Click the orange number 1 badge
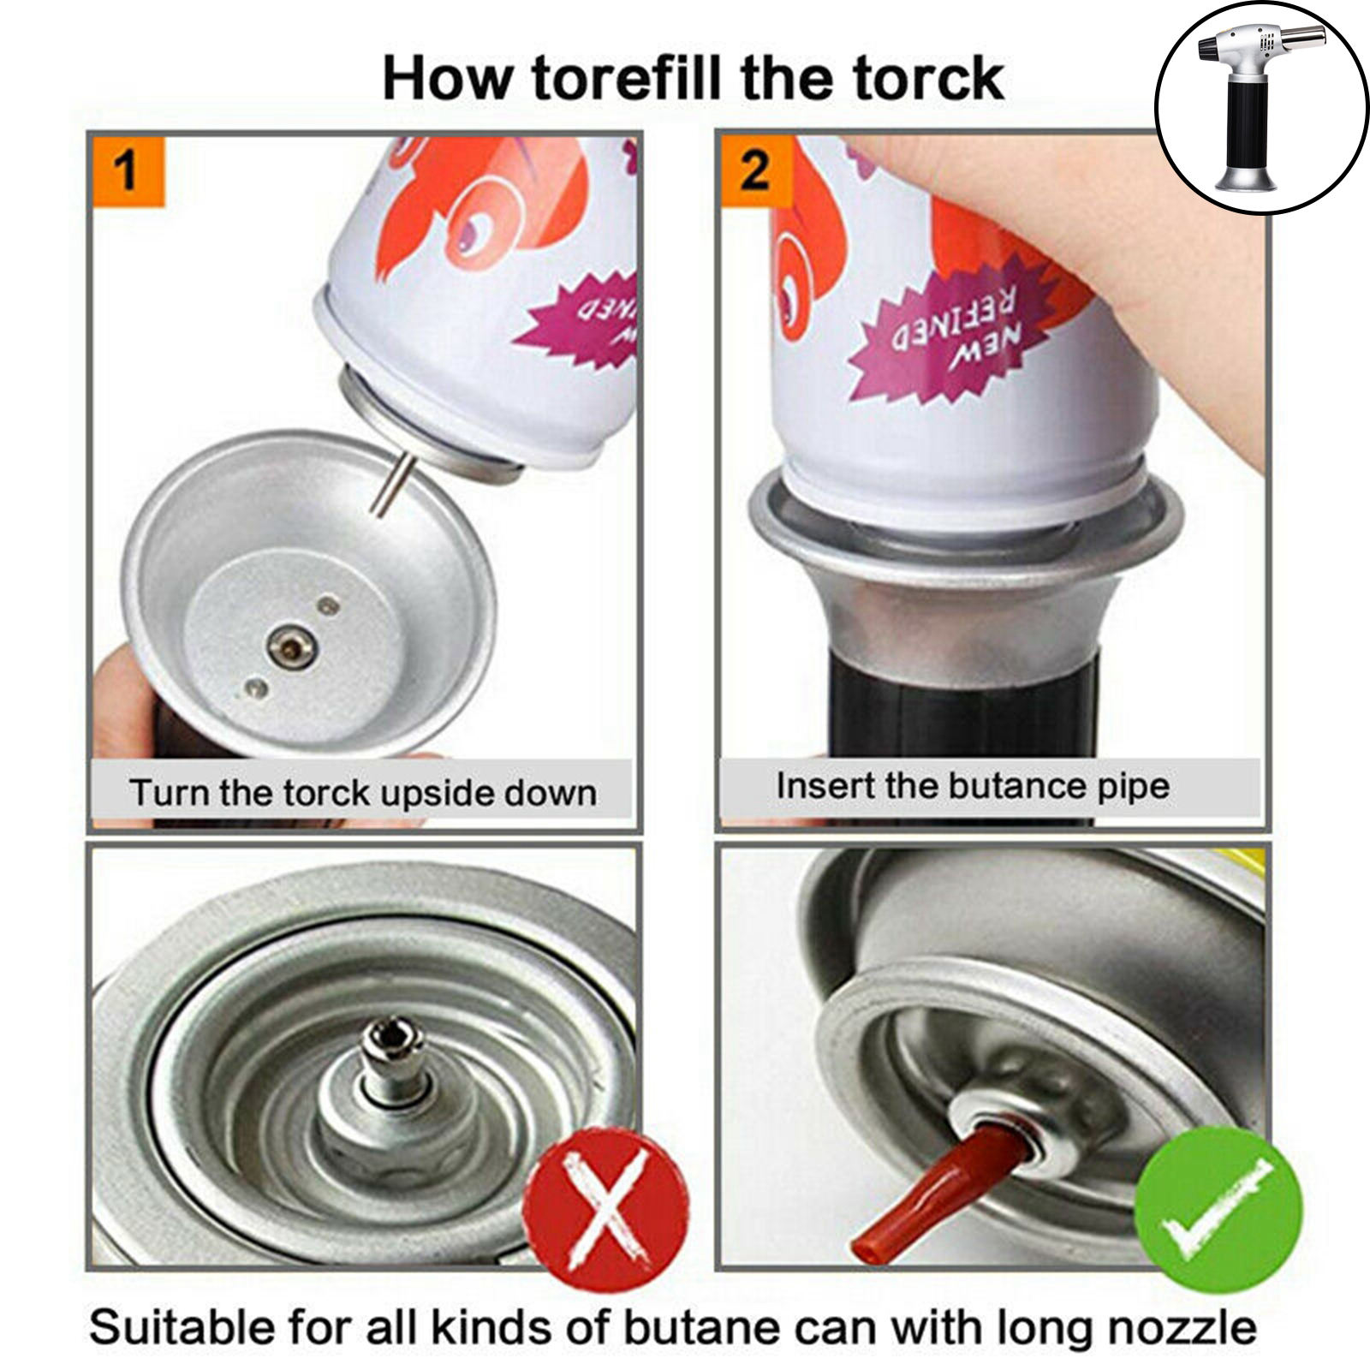point(128,170)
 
